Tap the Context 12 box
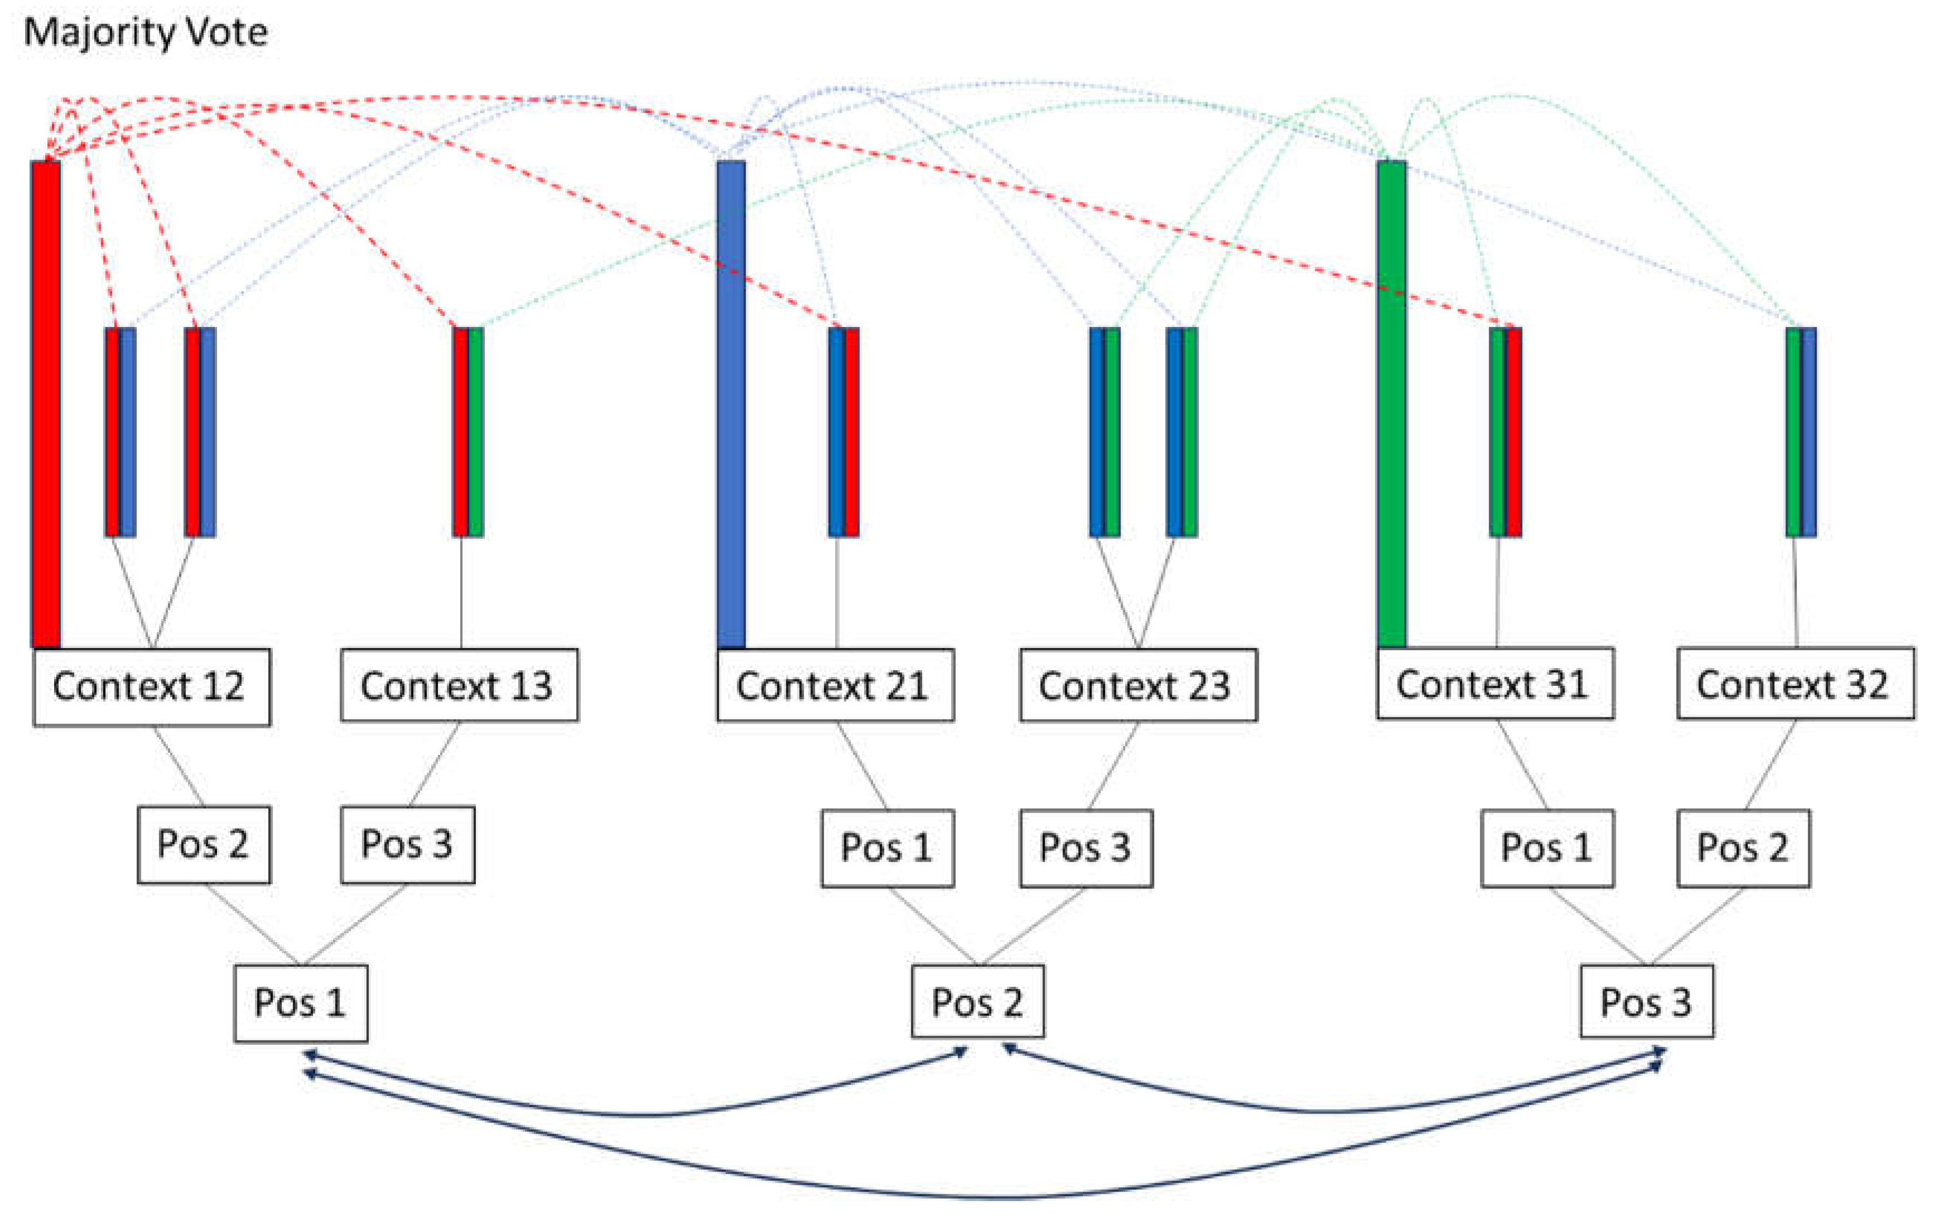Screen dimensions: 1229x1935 point(151,686)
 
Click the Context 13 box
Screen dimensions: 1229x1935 point(459,685)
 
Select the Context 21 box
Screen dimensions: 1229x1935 point(836,685)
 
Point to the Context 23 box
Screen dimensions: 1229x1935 point(1138,685)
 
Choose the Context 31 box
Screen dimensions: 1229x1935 point(1495,683)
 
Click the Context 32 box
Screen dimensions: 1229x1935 point(1795,683)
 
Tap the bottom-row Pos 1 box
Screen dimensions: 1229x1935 point(301,1002)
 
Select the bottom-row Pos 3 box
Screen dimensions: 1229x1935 point(1647,1001)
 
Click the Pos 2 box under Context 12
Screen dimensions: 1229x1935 point(203,844)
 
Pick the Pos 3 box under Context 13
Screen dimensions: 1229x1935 point(407,844)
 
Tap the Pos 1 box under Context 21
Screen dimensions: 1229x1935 point(887,847)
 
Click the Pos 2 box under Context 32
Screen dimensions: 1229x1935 point(1743,847)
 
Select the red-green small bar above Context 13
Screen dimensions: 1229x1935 point(467,431)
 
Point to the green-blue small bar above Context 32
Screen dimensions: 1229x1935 point(1801,431)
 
